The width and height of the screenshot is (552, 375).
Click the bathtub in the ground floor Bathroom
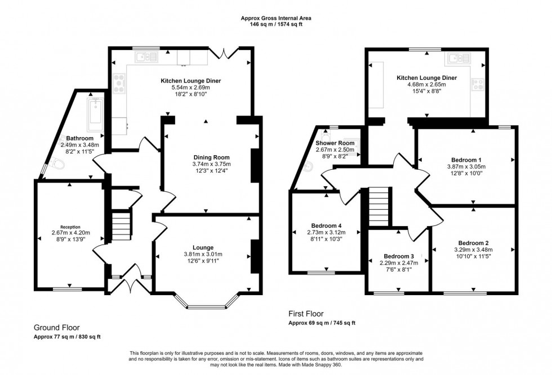click(x=95, y=112)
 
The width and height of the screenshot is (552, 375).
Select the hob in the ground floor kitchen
click(x=119, y=84)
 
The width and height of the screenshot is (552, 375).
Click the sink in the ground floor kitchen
click(x=145, y=57)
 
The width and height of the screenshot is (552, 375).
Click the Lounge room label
click(x=202, y=248)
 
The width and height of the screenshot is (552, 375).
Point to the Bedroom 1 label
click(x=466, y=159)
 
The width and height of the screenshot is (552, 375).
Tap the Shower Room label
click(x=331, y=143)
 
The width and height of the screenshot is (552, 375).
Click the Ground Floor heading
click(x=57, y=327)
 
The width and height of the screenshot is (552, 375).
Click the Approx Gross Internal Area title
click(x=275, y=19)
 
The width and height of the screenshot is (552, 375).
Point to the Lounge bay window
click(x=208, y=306)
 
